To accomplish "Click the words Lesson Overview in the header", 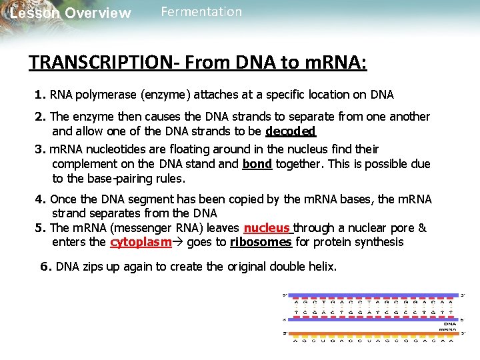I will (x=71, y=13).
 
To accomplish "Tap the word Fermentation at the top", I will (x=201, y=12).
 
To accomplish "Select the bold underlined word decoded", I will (x=290, y=131).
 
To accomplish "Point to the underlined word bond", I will (x=257, y=164).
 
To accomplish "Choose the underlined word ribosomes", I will (x=261, y=242).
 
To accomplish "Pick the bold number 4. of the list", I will (x=40, y=199).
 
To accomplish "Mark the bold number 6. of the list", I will (x=45, y=267).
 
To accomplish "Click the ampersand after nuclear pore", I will (x=422, y=228).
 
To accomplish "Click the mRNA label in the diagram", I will (x=447, y=329).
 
